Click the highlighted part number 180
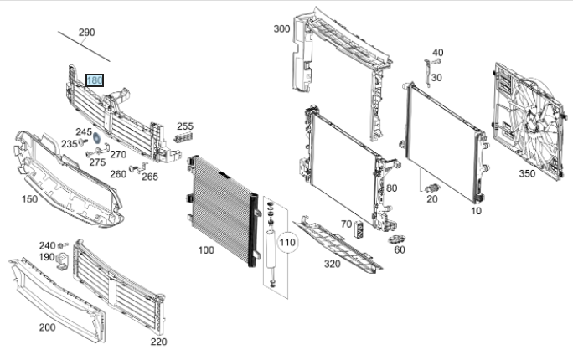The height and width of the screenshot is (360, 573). click(95, 80)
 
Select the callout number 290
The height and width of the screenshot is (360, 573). click(87, 33)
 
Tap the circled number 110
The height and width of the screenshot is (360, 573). click(287, 243)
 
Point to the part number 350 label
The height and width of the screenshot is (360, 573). click(527, 173)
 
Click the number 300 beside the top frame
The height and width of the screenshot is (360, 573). click(281, 28)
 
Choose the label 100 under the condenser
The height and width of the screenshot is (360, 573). click(206, 250)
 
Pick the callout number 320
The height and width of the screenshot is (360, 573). click(333, 264)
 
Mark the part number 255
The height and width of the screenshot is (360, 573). click(185, 126)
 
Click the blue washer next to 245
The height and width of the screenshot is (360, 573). click(97, 138)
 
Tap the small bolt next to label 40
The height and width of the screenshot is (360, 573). click(436, 61)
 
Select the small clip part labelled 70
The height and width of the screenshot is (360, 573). click(359, 229)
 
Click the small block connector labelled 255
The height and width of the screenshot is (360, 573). click(183, 137)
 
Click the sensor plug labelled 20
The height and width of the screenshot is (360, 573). click(433, 188)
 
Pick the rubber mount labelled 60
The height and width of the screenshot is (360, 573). click(396, 239)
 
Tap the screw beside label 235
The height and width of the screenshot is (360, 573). click(83, 141)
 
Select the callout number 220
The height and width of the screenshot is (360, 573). click(158, 342)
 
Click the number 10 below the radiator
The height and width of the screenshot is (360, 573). click(476, 211)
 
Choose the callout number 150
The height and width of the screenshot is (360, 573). click(29, 199)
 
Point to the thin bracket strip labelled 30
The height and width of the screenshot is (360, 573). click(427, 74)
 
